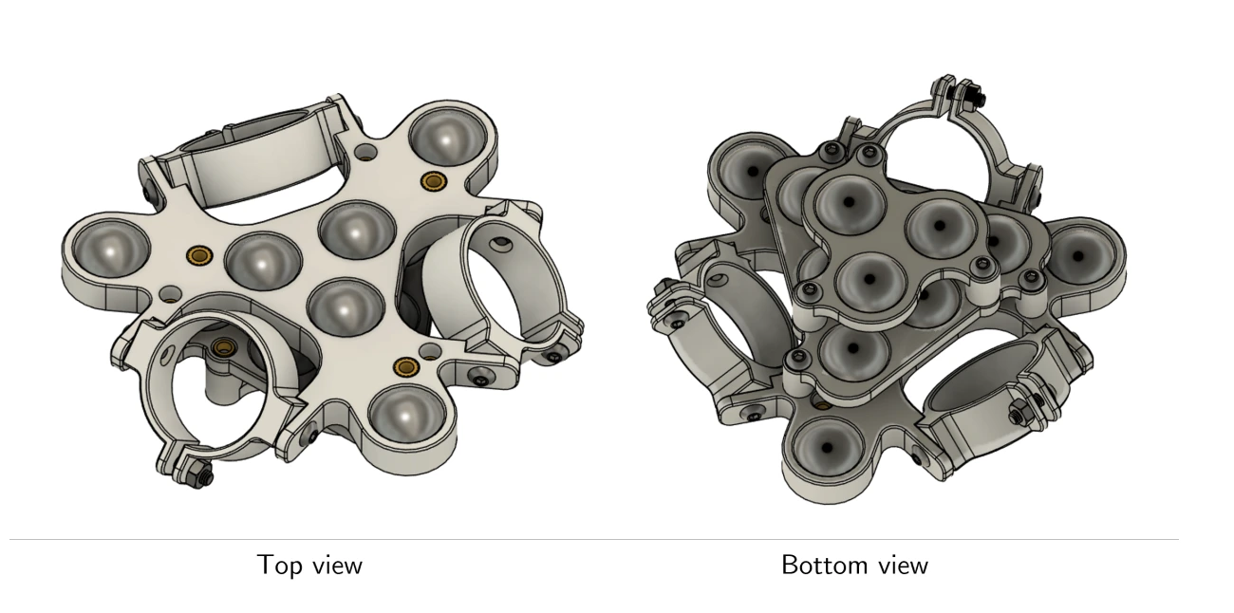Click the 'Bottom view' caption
pyautogui.click(x=853, y=566)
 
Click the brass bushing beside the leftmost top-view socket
pyautogui.click(x=200, y=255)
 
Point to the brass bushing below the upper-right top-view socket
pyautogui.click(x=436, y=180)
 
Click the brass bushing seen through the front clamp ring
pyautogui.click(x=223, y=345)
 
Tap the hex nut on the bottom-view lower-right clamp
pyautogui.click(x=1018, y=415)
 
